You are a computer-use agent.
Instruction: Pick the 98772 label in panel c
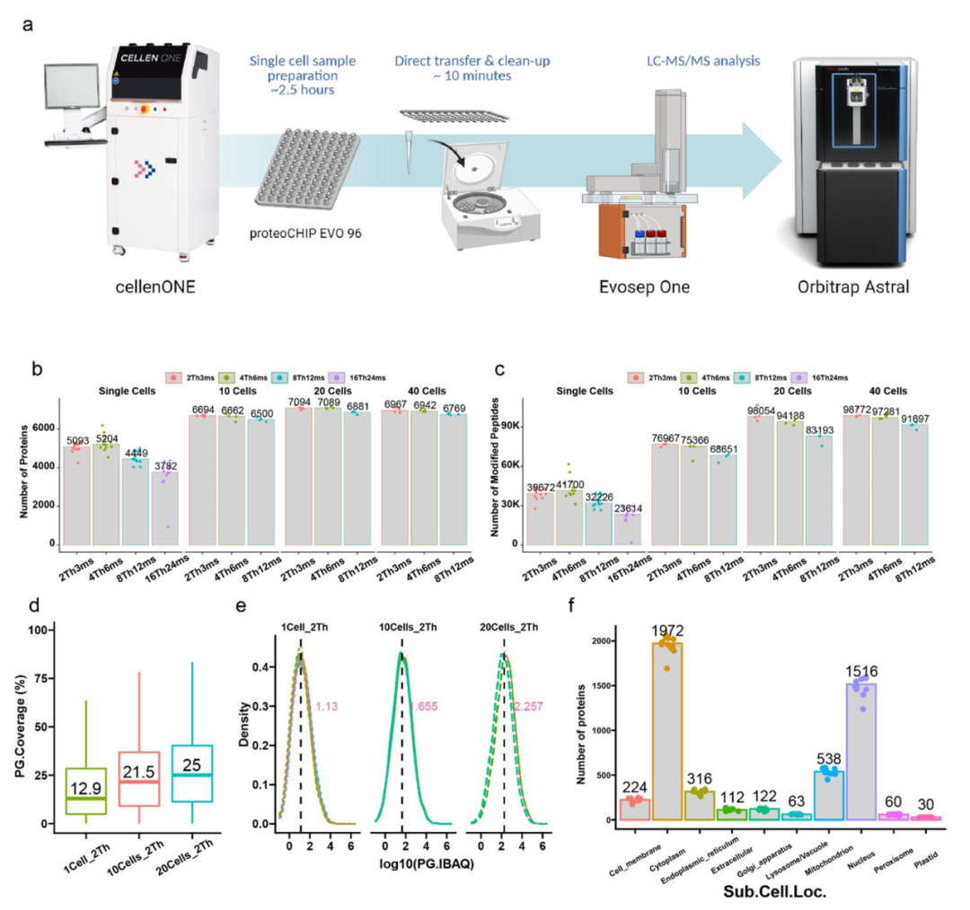coord(860,410)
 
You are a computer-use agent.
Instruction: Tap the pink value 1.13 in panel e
coord(325,706)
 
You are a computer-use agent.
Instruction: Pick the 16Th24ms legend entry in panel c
coord(827,378)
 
